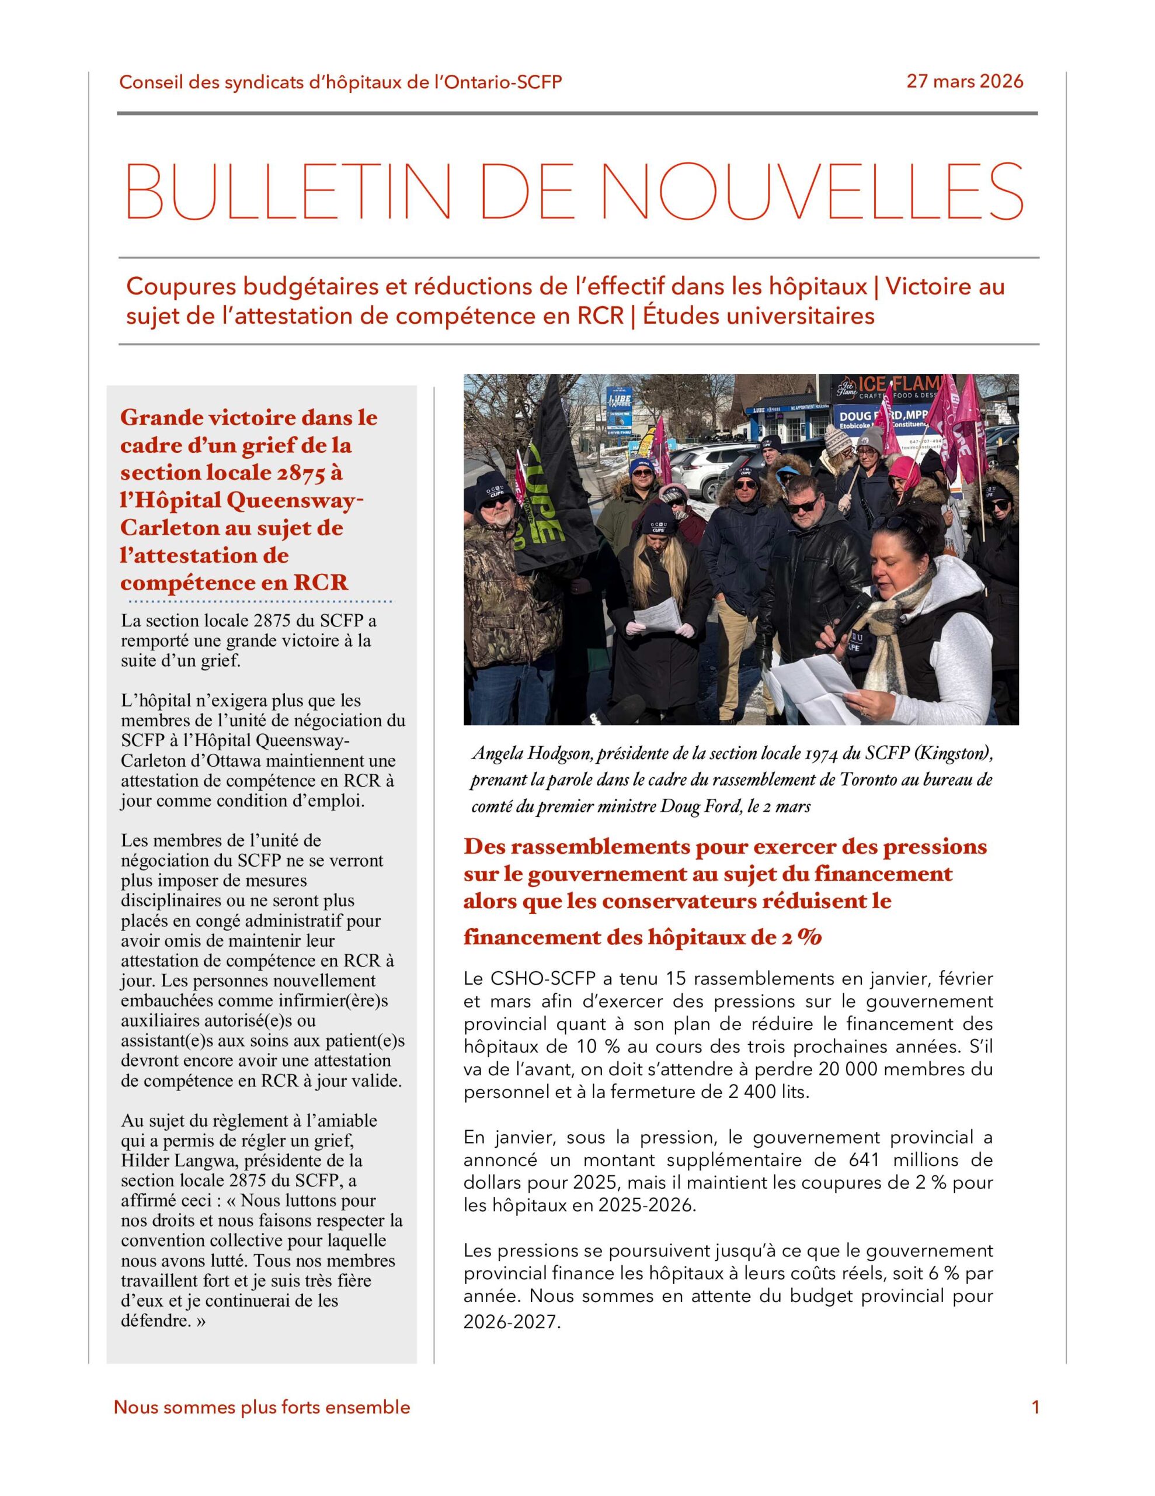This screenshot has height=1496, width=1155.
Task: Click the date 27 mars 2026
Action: pyautogui.click(x=964, y=81)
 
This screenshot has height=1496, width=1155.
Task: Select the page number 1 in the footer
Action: pyautogui.click(x=1035, y=1408)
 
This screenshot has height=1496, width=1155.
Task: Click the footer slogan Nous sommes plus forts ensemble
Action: pyautogui.click(x=262, y=1408)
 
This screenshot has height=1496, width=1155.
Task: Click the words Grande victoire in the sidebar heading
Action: pyautogui.click(x=199, y=417)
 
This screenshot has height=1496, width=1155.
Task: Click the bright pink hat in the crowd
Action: pyautogui.click(x=905, y=471)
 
